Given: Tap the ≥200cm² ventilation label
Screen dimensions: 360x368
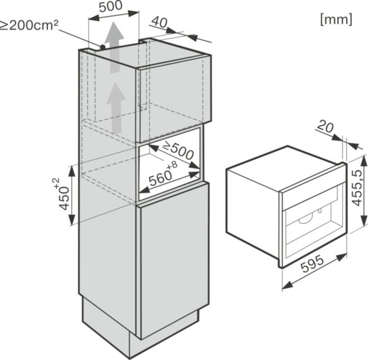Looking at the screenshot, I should click(29, 25).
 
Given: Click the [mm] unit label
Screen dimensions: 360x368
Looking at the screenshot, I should click(336, 20).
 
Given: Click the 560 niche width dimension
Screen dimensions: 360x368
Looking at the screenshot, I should click(160, 180).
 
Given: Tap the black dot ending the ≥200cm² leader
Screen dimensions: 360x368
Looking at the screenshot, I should click(103, 47).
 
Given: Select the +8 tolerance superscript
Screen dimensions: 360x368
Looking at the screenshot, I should click(171, 170).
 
